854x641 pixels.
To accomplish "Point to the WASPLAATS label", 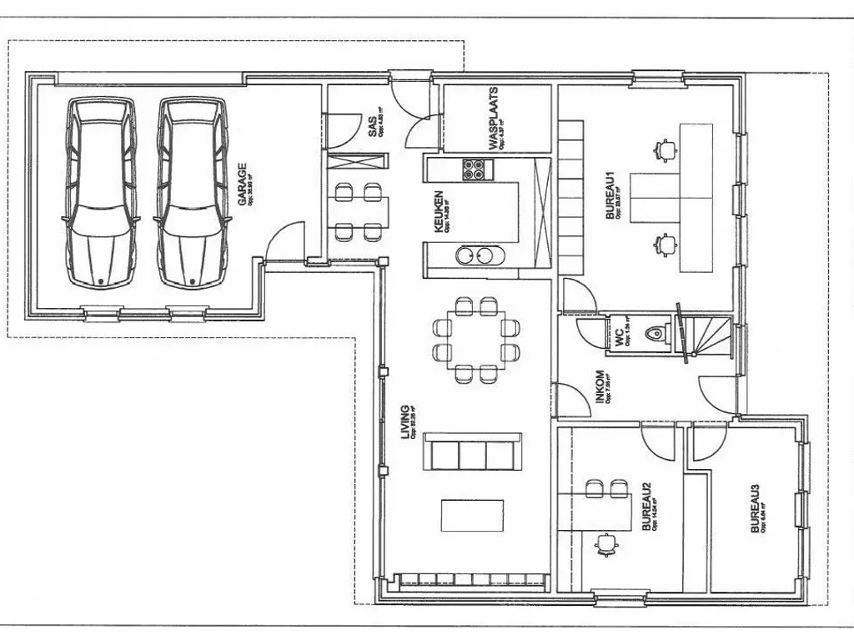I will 494,119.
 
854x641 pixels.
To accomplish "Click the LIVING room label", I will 406,422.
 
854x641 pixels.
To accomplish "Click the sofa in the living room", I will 472,453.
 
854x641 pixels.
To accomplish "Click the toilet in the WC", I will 658,333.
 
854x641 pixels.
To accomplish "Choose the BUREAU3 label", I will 756,509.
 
